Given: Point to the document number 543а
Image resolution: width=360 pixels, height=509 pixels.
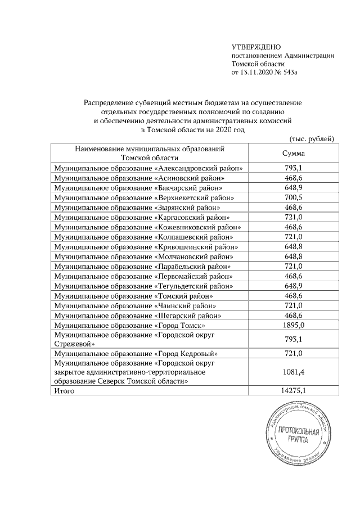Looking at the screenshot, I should coord(296,73).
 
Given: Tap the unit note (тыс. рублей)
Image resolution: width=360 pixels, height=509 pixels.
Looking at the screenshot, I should coord(312,138).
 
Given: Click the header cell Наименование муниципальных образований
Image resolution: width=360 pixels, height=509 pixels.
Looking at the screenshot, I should coord(150,149).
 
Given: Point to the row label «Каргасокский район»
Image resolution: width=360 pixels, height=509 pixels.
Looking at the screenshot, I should coord(190,217).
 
